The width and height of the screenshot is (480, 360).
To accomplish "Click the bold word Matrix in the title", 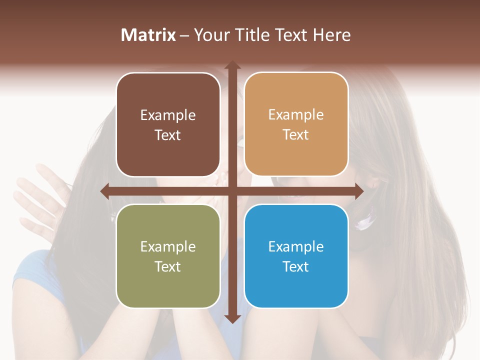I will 148,35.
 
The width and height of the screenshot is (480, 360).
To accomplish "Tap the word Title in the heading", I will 252,35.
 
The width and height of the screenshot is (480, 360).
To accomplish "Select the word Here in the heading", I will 331,35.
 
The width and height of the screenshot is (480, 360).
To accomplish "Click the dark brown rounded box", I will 168,124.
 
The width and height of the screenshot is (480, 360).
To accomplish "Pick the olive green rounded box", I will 168,256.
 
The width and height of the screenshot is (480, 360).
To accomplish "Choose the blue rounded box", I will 296,256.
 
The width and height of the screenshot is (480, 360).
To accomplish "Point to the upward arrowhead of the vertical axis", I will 232,65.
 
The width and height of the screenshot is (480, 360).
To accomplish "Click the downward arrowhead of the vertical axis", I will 232,318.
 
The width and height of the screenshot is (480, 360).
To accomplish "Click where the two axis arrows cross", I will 232,191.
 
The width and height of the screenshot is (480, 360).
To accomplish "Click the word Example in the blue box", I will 296,246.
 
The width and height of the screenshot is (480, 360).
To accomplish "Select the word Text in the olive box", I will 168,266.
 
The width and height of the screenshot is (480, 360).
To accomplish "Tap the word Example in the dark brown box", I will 168,115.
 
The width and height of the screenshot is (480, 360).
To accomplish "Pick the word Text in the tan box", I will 296,134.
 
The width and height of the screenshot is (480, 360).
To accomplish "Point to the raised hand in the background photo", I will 37,200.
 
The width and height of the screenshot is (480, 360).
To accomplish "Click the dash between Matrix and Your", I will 184,35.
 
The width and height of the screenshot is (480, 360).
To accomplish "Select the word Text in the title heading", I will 291,35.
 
